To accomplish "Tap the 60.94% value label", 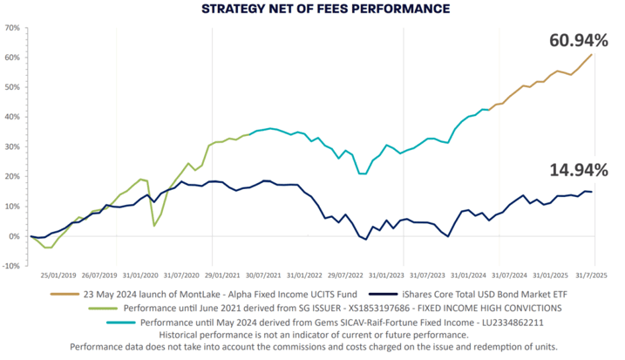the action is [579, 41].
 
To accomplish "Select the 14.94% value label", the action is [579, 170].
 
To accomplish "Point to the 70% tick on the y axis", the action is [12, 28].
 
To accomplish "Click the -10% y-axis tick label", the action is [11, 266].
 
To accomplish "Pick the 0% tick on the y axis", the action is [14, 236].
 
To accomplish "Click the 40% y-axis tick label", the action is [12, 117].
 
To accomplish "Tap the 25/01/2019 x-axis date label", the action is [58, 275].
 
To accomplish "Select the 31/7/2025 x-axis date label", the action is [591, 275].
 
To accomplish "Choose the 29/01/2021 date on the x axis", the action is [222, 275].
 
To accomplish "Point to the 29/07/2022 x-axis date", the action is [345, 275].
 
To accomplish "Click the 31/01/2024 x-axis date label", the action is [468, 275].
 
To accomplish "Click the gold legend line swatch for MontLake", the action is [65, 295].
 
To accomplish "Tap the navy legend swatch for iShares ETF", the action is [384, 295].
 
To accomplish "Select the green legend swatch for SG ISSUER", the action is [103, 309].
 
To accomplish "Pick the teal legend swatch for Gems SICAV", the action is [121, 323].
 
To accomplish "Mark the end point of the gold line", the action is [592, 54].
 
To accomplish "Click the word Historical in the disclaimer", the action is [178, 335].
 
